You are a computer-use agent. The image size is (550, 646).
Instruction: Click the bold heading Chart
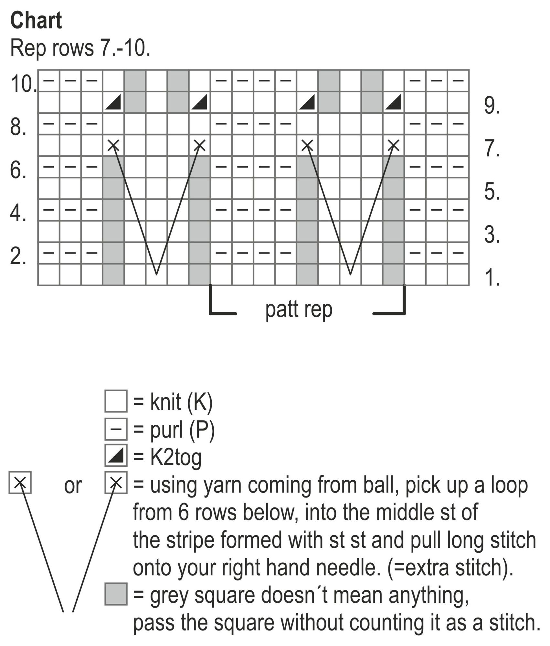(x=36, y=21)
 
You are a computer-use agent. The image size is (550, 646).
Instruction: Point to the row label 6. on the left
(x=18, y=170)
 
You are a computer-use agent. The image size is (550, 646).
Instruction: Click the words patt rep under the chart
(x=299, y=309)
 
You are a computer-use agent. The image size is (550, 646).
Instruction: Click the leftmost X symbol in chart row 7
(x=113, y=145)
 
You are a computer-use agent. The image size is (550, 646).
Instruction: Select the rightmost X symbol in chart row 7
(x=393, y=145)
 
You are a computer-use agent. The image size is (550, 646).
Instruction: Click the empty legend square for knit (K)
(x=116, y=401)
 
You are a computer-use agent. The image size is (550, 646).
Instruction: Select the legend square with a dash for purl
(x=116, y=429)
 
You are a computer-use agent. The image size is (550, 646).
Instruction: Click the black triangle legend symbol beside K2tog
(x=116, y=455)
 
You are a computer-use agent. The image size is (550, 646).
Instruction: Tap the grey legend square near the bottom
(x=116, y=594)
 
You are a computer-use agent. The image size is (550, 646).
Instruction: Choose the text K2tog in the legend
(x=176, y=457)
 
